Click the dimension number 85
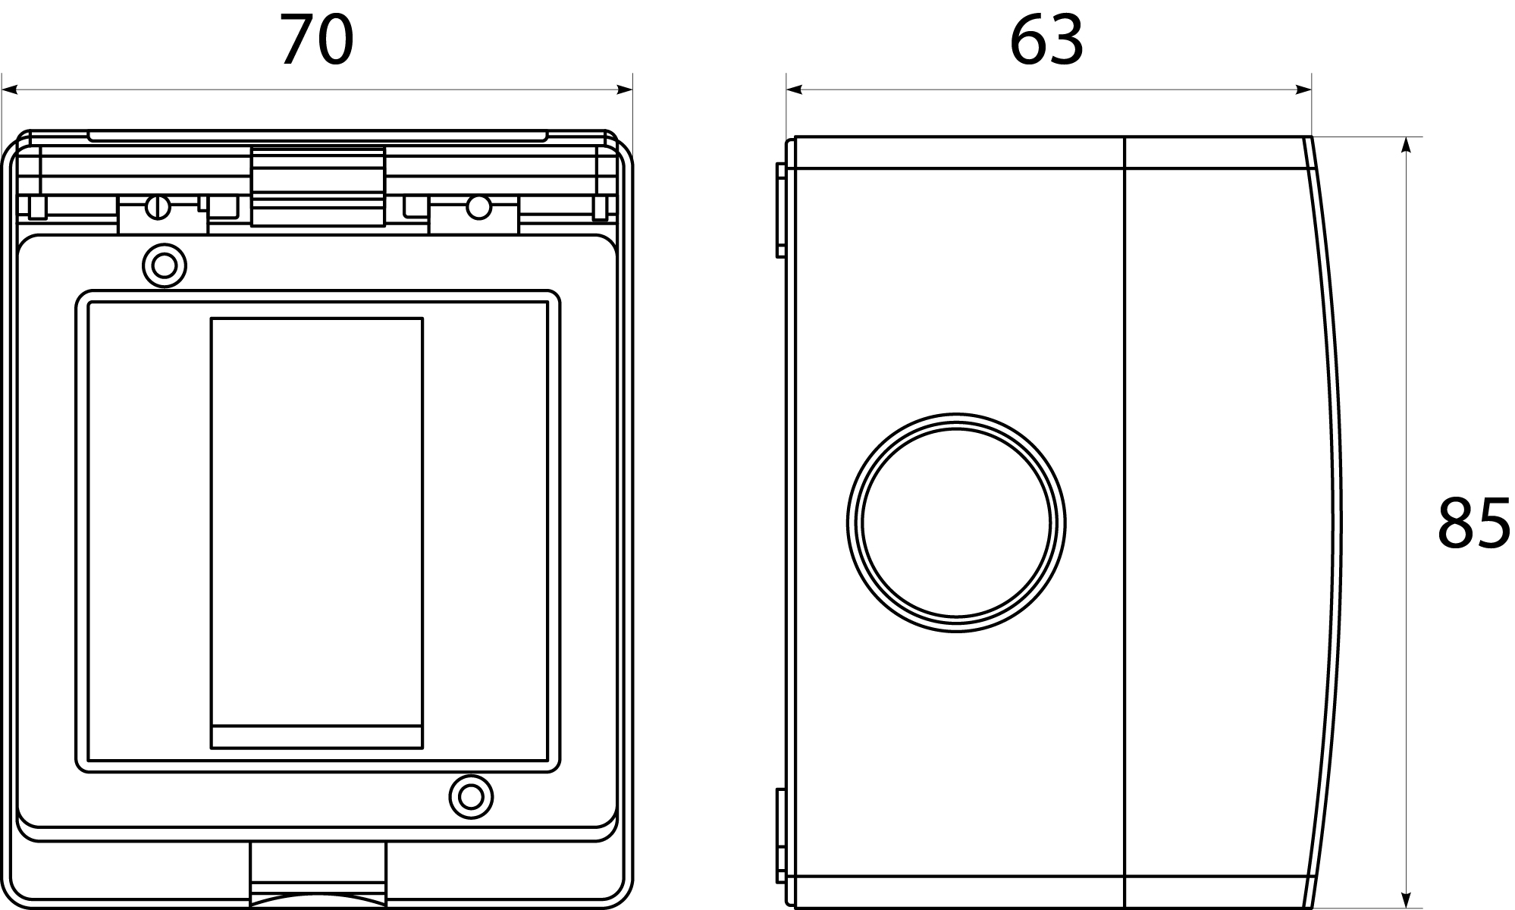1473,522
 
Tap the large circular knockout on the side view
955,522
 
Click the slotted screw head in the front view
158,206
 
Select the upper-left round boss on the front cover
165,265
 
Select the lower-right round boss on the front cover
471,797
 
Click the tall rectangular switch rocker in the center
316,533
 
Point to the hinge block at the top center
318,187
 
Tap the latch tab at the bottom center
318,874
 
